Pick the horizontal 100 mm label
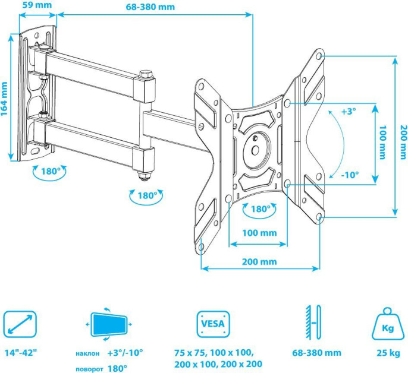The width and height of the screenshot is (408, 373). (x=259, y=233)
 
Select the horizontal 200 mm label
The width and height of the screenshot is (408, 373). (x=259, y=261)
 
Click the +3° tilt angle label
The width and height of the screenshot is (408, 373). (x=349, y=111)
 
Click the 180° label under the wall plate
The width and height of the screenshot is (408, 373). (x=51, y=171)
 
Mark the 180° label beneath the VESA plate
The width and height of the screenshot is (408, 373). (x=260, y=209)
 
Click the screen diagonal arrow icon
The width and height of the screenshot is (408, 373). (x=19, y=324)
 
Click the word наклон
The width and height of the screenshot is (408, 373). (x=87, y=353)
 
